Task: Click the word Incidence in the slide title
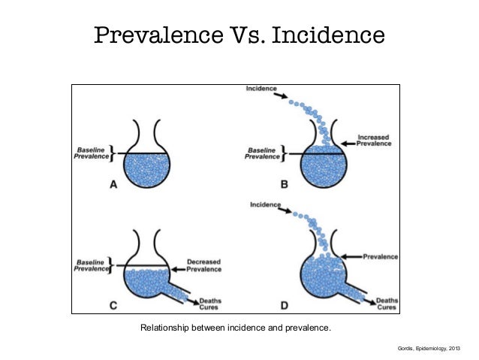click(x=327, y=36)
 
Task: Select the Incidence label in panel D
click(x=266, y=204)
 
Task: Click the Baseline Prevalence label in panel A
click(x=89, y=153)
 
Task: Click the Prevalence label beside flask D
click(x=380, y=256)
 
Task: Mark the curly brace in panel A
click(x=110, y=153)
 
